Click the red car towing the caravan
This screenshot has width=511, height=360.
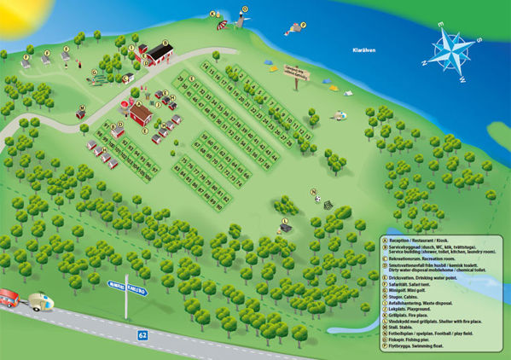9,297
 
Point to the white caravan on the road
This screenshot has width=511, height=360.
39,300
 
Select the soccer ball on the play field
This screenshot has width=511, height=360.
317,200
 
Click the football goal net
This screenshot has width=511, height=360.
328,206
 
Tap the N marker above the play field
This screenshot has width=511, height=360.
313,191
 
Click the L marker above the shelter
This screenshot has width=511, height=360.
284,221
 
